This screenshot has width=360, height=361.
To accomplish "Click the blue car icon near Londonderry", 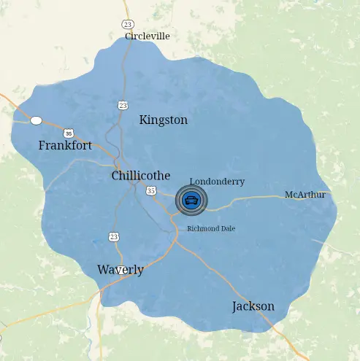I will (191, 201).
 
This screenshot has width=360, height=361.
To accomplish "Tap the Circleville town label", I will (147, 36).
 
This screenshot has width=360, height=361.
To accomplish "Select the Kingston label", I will (163, 120).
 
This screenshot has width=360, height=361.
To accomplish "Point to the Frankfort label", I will (65, 146).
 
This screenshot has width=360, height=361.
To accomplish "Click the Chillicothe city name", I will (140, 176).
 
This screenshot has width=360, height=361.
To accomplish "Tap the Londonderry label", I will (217, 182).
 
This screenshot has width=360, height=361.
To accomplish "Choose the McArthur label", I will (305, 195).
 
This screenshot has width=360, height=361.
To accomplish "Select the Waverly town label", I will (120, 270).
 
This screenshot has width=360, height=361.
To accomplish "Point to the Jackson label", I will (253, 306).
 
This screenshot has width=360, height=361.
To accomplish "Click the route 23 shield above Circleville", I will (128, 24).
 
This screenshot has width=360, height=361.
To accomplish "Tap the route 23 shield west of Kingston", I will (123, 106).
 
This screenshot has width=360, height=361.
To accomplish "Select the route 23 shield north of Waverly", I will (114, 236).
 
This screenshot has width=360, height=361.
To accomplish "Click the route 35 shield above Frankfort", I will (69, 133).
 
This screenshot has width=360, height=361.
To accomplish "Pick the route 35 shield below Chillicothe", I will (151, 190).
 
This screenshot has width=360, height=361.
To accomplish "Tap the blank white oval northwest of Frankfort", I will (36, 120).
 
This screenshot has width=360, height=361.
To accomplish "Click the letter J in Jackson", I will (235, 306).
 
